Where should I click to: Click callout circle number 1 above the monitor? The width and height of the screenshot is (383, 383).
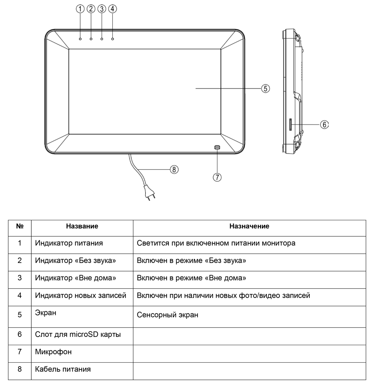coord(80,9)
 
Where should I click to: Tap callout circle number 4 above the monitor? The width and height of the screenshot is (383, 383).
coord(112,9)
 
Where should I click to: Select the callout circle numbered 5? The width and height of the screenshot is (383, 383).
coord(266,88)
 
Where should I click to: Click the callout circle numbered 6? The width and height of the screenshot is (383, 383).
coord(324,124)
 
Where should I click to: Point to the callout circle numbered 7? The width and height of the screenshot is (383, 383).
coord(217,177)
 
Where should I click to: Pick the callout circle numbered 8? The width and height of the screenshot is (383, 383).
coord(174,169)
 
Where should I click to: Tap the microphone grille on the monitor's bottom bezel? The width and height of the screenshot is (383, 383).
coord(217,147)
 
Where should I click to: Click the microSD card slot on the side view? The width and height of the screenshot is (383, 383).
coord(290,124)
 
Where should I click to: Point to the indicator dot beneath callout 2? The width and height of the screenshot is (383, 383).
coord(91,39)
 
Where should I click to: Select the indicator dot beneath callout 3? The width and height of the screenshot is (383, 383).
coord(102,39)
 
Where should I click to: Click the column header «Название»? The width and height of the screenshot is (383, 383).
coord(82,226)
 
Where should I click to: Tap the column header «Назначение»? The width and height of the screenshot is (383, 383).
coord(249,226)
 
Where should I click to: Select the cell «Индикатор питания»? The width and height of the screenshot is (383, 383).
coord(69,243)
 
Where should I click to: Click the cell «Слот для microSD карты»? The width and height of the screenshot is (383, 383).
coord(78,334)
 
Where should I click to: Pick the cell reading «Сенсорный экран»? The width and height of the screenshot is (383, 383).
coord(168,315)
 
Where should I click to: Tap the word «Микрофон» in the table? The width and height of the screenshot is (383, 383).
coord(53,352)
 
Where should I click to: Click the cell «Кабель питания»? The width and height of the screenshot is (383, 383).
coord(63,369)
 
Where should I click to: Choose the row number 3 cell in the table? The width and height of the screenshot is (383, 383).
coord(19,278)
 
